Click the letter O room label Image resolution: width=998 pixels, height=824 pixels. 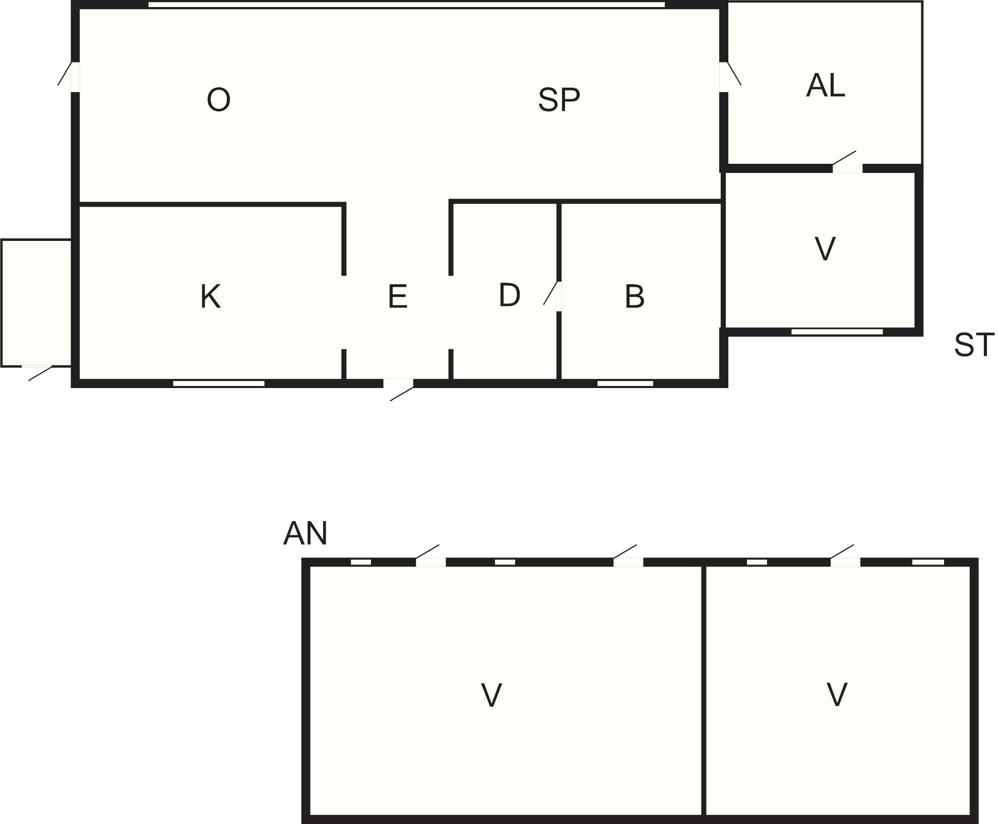(x=219, y=99)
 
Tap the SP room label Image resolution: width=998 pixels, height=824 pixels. (x=559, y=99)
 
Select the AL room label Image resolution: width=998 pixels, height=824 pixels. (x=826, y=85)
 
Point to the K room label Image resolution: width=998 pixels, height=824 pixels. (x=210, y=296)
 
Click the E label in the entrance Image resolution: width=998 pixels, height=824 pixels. (x=398, y=296)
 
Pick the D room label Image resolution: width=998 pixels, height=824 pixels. (x=510, y=295)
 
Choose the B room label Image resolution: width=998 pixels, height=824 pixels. (x=635, y=296)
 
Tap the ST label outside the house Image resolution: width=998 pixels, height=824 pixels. (x=974, y=345)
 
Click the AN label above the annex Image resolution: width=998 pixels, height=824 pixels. (x=305, y=533)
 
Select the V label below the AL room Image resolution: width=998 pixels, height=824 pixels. (x=825, y=249)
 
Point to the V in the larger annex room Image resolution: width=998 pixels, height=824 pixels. (x=491, y=695)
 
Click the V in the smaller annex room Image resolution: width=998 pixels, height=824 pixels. (x=837, y=694)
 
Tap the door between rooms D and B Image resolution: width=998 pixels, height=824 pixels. (x=553, y=296)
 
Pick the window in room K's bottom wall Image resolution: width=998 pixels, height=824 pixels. (x=219, y=384)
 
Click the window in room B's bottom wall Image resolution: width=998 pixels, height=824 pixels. (x=625, y=384)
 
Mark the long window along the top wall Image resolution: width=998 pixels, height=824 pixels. (x=407, y=5)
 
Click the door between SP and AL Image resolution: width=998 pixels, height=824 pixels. (x=730, y=77)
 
